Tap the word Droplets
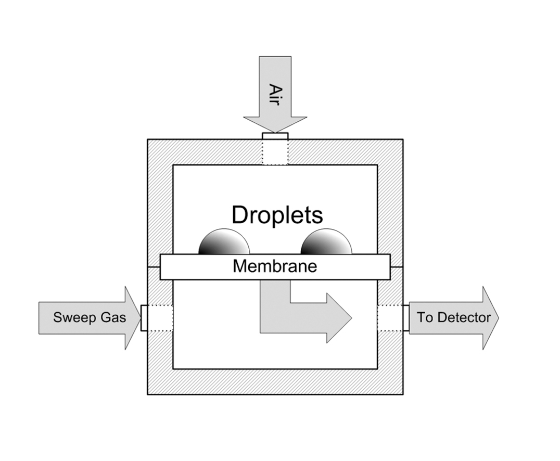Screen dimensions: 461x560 277,215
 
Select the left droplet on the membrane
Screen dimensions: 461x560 224,243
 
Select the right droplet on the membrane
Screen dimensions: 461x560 326,243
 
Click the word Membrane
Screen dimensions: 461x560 274,266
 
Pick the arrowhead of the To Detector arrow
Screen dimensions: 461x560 490,317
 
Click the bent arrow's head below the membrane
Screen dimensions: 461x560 338,317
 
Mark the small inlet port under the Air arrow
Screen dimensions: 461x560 275,136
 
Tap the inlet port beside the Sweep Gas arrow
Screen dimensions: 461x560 144,317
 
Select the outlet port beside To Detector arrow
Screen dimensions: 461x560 406,317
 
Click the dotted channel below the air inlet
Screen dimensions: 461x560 275,152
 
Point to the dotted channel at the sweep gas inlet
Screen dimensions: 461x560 160,317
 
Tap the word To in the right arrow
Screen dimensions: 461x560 425,317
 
